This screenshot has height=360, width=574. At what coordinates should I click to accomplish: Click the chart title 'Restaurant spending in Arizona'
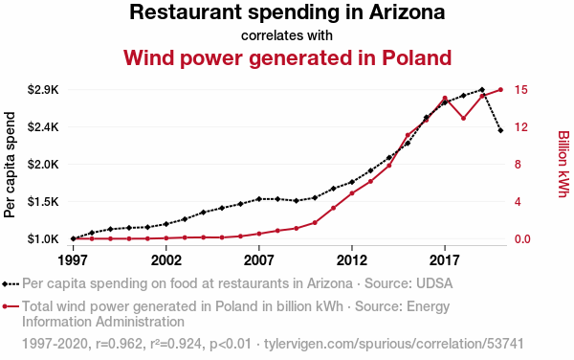[287, 12]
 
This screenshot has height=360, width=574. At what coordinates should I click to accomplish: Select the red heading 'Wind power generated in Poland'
[287, 57]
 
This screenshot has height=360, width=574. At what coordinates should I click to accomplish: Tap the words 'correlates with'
[287, 35]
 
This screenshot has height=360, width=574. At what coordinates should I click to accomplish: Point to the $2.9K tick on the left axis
[43, 90]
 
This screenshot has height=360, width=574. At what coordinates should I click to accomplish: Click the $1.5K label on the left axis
[43, 201]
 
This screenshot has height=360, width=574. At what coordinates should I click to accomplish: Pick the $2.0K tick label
[43, 164]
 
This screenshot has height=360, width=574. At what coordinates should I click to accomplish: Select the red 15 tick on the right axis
[521, 90]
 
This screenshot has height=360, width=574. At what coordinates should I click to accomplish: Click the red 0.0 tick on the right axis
[522, 238]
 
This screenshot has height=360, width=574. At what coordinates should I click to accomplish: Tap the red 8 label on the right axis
[518, 164]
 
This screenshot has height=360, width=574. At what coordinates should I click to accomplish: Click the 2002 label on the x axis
[166, 260]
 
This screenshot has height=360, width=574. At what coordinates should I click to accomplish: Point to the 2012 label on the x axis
[352, 260]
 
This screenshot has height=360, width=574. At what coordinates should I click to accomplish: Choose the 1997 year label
[74, 260]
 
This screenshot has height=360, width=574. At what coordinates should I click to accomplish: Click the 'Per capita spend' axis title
[10, 165]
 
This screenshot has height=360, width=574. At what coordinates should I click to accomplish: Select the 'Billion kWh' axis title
[563, 164]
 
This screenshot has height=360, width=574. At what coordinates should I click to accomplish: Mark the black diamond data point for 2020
[500, 130]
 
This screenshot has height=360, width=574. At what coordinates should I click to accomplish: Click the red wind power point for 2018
[463, 119]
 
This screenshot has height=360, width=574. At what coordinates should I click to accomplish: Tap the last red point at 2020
[500, 90]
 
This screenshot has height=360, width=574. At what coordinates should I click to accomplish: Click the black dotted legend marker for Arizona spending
[11, 283]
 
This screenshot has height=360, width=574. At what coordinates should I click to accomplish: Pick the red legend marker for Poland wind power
[11, 306]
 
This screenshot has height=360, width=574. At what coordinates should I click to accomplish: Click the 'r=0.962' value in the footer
[119, 344]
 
